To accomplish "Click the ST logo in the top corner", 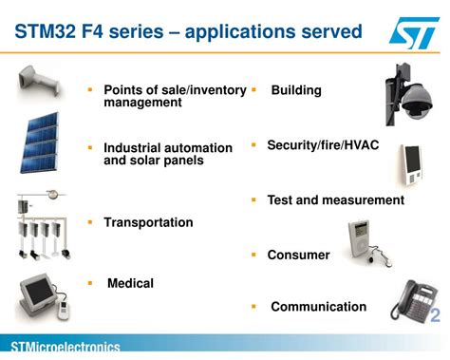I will click(414, 32).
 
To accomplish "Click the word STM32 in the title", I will click(43, 32).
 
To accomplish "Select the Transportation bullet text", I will click(148, 222).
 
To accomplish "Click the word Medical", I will click(130, 283).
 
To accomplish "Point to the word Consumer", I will click(298, 255).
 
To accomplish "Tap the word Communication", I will click(318, 307).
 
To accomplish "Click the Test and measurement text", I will click(335, 200).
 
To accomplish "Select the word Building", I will click(296, 90).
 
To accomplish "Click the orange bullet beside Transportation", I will click(90, 221).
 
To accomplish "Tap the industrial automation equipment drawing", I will click(38, 228).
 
